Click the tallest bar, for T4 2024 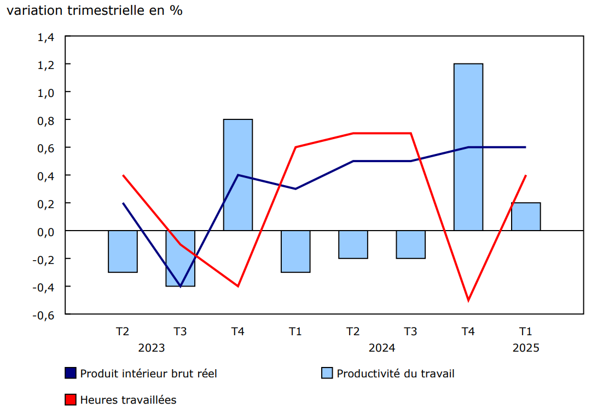468,147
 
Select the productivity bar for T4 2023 238,175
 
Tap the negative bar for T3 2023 181,258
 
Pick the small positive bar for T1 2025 526,217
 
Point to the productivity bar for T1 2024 295,251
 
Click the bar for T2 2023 123,251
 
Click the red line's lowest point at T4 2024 468,300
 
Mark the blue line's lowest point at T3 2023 181,286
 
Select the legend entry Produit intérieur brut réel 148,374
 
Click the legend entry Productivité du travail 396,374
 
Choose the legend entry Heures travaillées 128,400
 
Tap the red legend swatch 71,400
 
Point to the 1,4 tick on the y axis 46,37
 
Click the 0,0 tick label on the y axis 46,231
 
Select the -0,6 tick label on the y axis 44,314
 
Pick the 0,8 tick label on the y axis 46,120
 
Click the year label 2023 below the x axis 152,348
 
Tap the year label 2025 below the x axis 526,348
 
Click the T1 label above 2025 526,331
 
